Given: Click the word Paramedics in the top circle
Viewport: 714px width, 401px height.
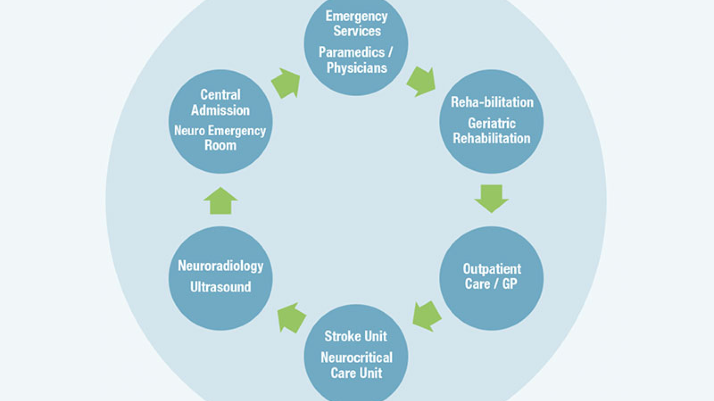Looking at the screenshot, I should click(351, 53).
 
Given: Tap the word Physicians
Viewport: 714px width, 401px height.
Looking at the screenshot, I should click(357, 68).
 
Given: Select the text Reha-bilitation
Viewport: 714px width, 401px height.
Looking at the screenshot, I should click(492, 102).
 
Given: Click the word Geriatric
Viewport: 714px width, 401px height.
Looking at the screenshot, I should click(491, 123).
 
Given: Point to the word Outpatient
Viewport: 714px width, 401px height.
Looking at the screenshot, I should click(492, 269).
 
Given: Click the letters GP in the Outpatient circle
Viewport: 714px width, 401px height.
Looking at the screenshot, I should click(509, 284).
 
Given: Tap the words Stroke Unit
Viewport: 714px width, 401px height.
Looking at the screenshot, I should click(356, 336).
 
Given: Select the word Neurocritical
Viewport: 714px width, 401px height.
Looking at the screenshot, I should click(356, 358).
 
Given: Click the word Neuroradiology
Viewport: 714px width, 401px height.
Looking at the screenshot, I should click(220, 266).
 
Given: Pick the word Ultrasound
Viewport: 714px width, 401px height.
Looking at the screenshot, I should click(220, 287).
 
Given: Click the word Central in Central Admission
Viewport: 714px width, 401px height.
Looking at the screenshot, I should click(220, 95).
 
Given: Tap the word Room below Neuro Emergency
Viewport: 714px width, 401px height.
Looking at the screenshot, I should click(220, 146).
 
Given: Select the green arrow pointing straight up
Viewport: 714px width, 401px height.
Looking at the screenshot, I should click(220, 201).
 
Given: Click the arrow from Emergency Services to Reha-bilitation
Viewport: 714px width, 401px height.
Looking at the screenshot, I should click(422, 82).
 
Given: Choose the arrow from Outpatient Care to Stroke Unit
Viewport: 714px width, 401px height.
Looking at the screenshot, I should click(427, 316).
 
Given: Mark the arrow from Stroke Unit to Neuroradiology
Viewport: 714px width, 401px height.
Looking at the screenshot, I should click(291, 318).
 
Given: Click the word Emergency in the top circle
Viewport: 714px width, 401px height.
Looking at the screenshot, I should click(356, 16).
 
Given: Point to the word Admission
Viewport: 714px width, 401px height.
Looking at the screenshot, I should click(220, 110).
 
